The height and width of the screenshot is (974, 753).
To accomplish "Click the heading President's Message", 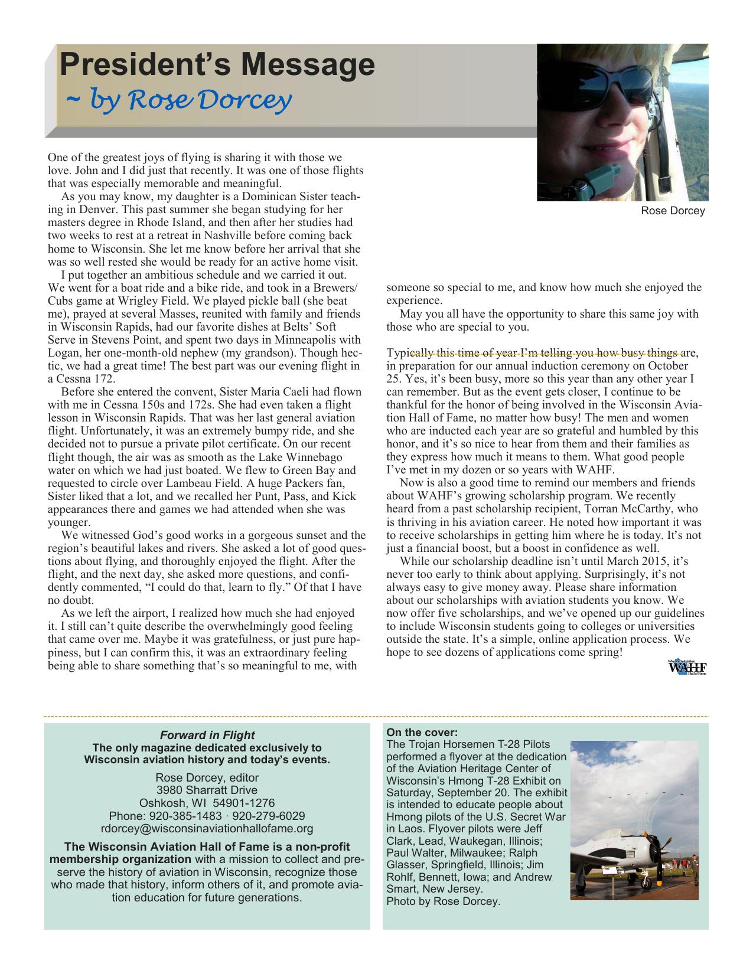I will pyautogui.click(x=217, y=65).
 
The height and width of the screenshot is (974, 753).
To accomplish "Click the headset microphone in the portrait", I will pyautogui.click(x=601, y=177).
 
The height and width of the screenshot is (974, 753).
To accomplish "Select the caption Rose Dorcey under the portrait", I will pyautogui.click(x=673, y=211).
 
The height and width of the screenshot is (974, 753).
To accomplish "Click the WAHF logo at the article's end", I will pyautogui.click(x=687, y=668).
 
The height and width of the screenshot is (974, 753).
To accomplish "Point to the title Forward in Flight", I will pyautogui.click(x=207, y=735).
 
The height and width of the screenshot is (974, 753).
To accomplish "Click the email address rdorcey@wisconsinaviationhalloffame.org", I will pyautogui.click(x=207, y=829).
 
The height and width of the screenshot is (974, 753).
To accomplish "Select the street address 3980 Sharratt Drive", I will pyautogui.click(x=207, y=790).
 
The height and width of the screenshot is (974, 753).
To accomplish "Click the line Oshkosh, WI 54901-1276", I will pyautogui.click(x=207, y=803).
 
